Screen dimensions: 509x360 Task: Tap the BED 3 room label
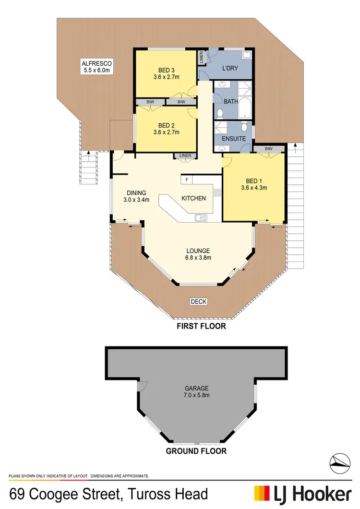(166, 69)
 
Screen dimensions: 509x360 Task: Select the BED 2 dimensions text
(166, 132)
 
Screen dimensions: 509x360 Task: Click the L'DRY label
(230, 68)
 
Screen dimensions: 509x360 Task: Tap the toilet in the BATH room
(219, 114)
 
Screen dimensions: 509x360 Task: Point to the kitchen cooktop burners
(217, 193)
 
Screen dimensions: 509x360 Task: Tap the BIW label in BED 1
(268, 149)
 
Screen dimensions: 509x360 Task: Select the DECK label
(199, 302)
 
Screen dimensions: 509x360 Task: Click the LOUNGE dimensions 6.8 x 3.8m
(198, 258)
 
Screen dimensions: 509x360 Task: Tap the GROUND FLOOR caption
(196, 451)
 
